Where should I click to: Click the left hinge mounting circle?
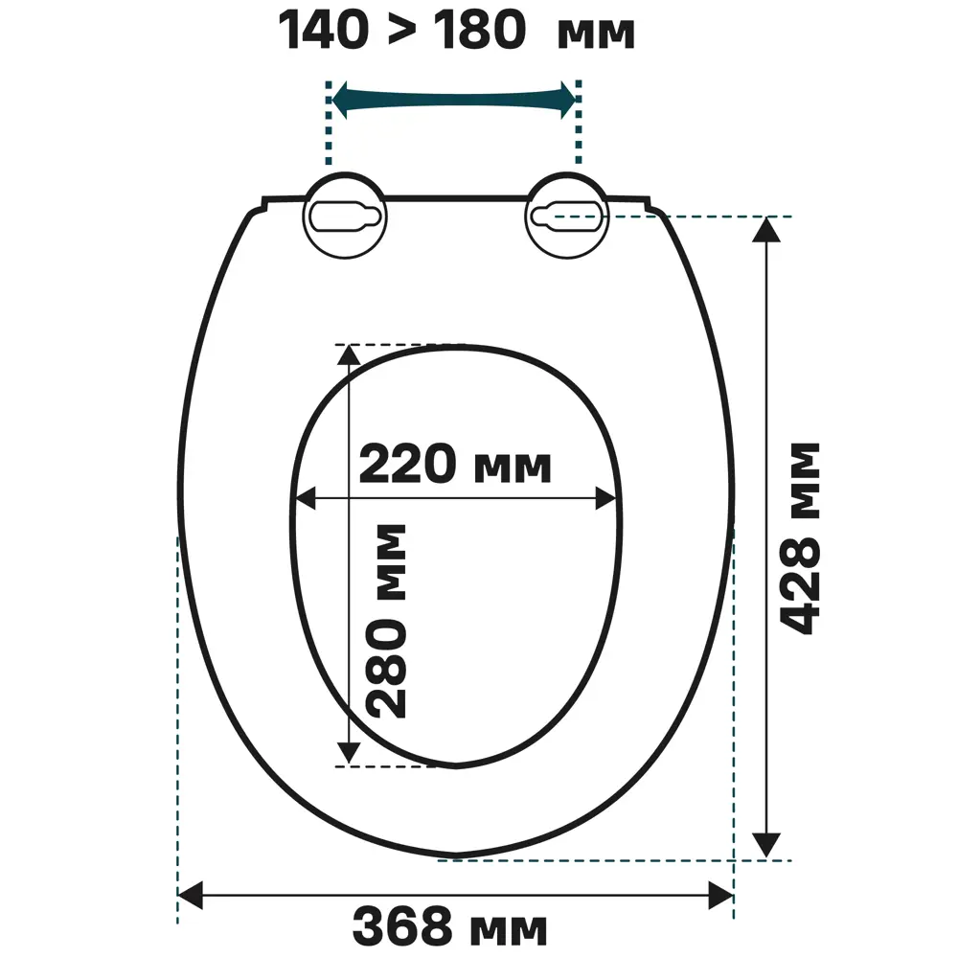(x=346, y=216)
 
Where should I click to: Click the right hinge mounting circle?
(x=567, y=216)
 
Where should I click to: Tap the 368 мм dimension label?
(x=450, y=926)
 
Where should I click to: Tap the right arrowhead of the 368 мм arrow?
(x=720, y=896)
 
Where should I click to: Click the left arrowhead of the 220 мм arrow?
(x=304, y=498)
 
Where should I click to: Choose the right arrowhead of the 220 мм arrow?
(x=606, y=498)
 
